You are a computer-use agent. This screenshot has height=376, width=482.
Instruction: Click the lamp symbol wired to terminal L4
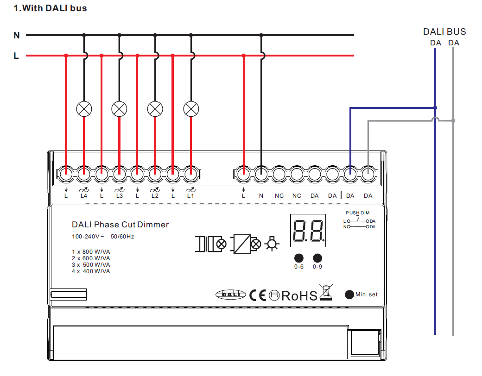point(84,109)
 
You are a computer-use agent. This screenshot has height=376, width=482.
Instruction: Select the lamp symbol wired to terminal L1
point(191,109)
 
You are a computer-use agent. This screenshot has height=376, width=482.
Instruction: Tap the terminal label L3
point(120,196)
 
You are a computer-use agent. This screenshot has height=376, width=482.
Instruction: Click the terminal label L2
point(155,196)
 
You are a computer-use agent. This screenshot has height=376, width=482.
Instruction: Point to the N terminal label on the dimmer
point(261,196)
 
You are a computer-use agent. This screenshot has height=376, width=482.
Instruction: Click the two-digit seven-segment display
point(308,231)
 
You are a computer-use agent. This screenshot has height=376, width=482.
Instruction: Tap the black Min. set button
point(349,295)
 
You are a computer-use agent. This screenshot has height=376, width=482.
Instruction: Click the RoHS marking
point(299,296)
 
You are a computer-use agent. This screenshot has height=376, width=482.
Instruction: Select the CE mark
point(258,295)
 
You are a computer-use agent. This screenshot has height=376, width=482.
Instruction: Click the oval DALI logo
point(231,295)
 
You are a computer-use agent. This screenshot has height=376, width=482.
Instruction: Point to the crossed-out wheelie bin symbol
point(326,292)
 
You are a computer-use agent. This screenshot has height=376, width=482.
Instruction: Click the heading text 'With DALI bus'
point(55,8)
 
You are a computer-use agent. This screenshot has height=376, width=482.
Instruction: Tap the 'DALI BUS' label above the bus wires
point(444,31)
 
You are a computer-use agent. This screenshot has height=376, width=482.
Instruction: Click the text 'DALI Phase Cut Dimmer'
point(120,225)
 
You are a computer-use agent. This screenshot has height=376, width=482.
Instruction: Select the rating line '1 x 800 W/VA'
point(91,251)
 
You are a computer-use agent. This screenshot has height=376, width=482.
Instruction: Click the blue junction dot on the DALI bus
point(435,108)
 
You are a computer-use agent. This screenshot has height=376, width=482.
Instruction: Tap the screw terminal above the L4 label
point(84,175)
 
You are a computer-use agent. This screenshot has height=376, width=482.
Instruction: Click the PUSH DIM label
point(357,213)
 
